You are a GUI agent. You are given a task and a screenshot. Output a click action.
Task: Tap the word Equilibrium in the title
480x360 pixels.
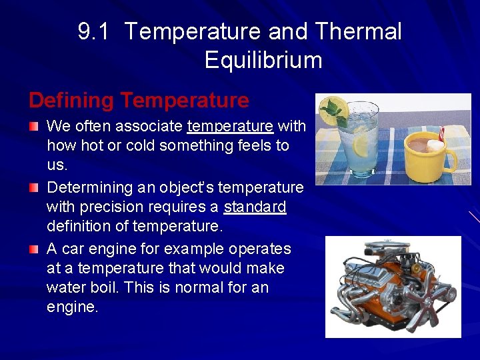click(263, 60)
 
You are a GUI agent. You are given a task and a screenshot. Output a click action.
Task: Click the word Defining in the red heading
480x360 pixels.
click(71, 101)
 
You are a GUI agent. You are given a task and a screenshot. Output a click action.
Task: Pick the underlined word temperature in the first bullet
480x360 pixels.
click(230, 126)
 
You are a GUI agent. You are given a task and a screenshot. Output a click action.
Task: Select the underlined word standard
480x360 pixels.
click(255, 207)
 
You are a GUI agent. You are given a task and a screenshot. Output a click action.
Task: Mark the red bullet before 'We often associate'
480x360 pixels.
click(34, 126)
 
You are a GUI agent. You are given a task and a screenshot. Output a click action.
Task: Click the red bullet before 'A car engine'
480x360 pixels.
click(34, 249)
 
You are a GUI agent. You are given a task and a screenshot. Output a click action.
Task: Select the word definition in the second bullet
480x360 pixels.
click(87, 227)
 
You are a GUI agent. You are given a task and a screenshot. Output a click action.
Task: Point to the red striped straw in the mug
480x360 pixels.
click(441, 133)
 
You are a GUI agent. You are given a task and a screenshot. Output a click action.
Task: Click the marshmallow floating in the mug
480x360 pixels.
click(435, 145)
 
